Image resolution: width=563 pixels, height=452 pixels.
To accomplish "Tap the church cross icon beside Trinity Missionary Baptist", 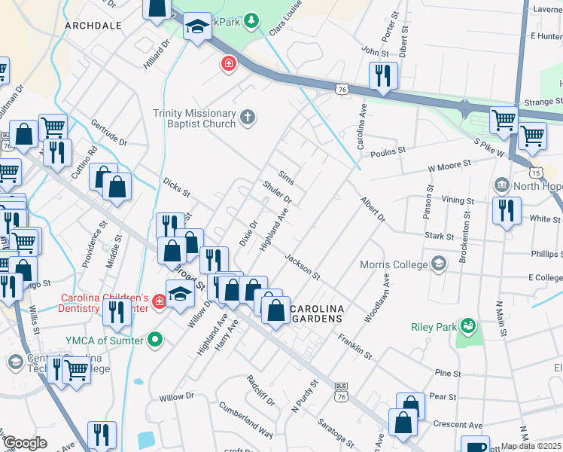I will coord(248,117).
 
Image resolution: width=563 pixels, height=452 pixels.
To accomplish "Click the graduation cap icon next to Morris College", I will coord(439,264).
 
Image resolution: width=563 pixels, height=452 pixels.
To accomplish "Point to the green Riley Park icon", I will coord(467,326).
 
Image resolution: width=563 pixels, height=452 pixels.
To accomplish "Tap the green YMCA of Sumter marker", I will coord(156,340).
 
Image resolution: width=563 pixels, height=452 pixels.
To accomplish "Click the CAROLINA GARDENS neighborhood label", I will coord(317,314).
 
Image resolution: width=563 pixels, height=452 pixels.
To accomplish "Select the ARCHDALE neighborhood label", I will coord(93,26).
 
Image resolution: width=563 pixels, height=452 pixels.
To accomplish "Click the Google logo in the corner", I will coord(24,443).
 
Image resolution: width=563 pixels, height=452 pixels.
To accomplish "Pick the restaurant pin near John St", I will coord(383,75).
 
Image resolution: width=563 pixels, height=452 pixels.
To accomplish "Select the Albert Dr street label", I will coord(372,210).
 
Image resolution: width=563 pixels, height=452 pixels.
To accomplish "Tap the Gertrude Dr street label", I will coord(108,132).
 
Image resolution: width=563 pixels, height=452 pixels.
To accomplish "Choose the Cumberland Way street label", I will coord(245,419).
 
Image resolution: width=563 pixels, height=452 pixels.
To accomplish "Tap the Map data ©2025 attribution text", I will coord(531,446).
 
